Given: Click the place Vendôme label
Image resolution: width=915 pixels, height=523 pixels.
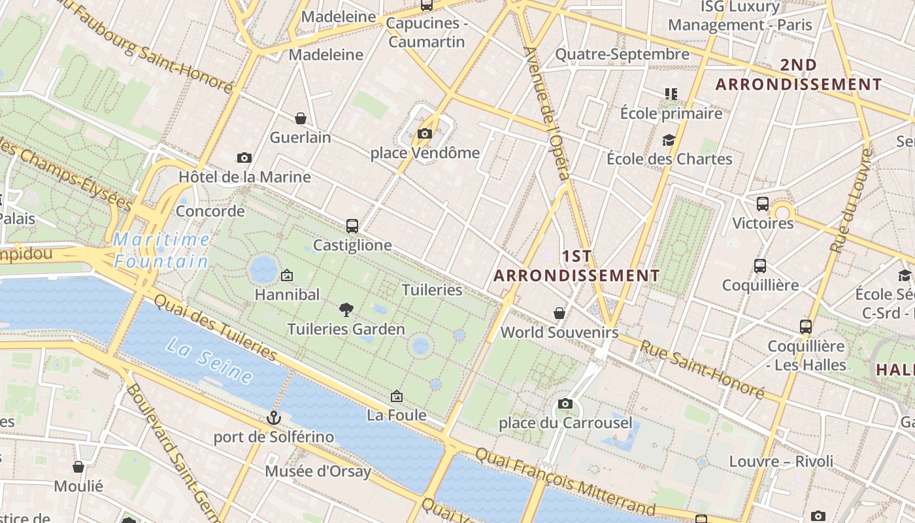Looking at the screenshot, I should pyautogui.click(x=425, y=153).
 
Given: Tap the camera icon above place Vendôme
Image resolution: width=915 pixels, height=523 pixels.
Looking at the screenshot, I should pyautogui.click(x=425, y=134).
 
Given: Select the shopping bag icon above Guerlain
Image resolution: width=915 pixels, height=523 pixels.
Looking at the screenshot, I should pyautogui.click(x=301, y=118).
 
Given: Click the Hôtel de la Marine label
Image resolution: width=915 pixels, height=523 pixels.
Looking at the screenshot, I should pyautogui.click(x=244, y=177).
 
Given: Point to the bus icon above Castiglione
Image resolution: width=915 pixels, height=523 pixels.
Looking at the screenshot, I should pyautogui.click(x=352, y=226).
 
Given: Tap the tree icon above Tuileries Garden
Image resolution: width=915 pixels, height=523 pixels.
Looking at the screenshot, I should pyautogui.click(x=346, y=309).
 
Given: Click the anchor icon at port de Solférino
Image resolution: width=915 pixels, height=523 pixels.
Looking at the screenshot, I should pyautogui.click(x=274, y=417).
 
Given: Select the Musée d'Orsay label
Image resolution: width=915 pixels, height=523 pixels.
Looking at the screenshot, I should pyautogui.click(x=318, y=471).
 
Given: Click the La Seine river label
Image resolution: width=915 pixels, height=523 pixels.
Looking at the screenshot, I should pyautogui.click(x=209, y=360).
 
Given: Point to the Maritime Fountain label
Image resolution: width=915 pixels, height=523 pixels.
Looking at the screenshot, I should pyautogui.click(x=161, y=251).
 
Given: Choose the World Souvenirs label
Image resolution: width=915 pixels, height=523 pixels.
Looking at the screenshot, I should pyautogui.click(x=559, y=332).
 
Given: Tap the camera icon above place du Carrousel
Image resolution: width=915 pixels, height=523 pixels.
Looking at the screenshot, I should pyautogui.click(x=565, y=404).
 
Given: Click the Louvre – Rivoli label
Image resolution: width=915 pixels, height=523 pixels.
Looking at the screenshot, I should pyautogui.click(x=781, y=462).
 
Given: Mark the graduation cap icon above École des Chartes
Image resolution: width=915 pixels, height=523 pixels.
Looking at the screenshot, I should pyautogui.click(x=669, y=140).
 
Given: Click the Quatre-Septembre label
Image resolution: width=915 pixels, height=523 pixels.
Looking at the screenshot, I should pyautogui.click(x=622, y=54).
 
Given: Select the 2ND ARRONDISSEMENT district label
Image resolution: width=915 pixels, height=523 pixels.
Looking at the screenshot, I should pyautogui.click(x=799, y=75).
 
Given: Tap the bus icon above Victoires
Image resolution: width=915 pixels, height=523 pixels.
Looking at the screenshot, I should pyautogui.click(x=763, y=204).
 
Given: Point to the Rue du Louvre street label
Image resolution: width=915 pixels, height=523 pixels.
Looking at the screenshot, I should pyautogui.click(x=852, y=200).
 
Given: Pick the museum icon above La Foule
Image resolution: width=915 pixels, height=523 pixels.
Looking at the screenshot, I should pyautogui.click(x=396, y=396).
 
